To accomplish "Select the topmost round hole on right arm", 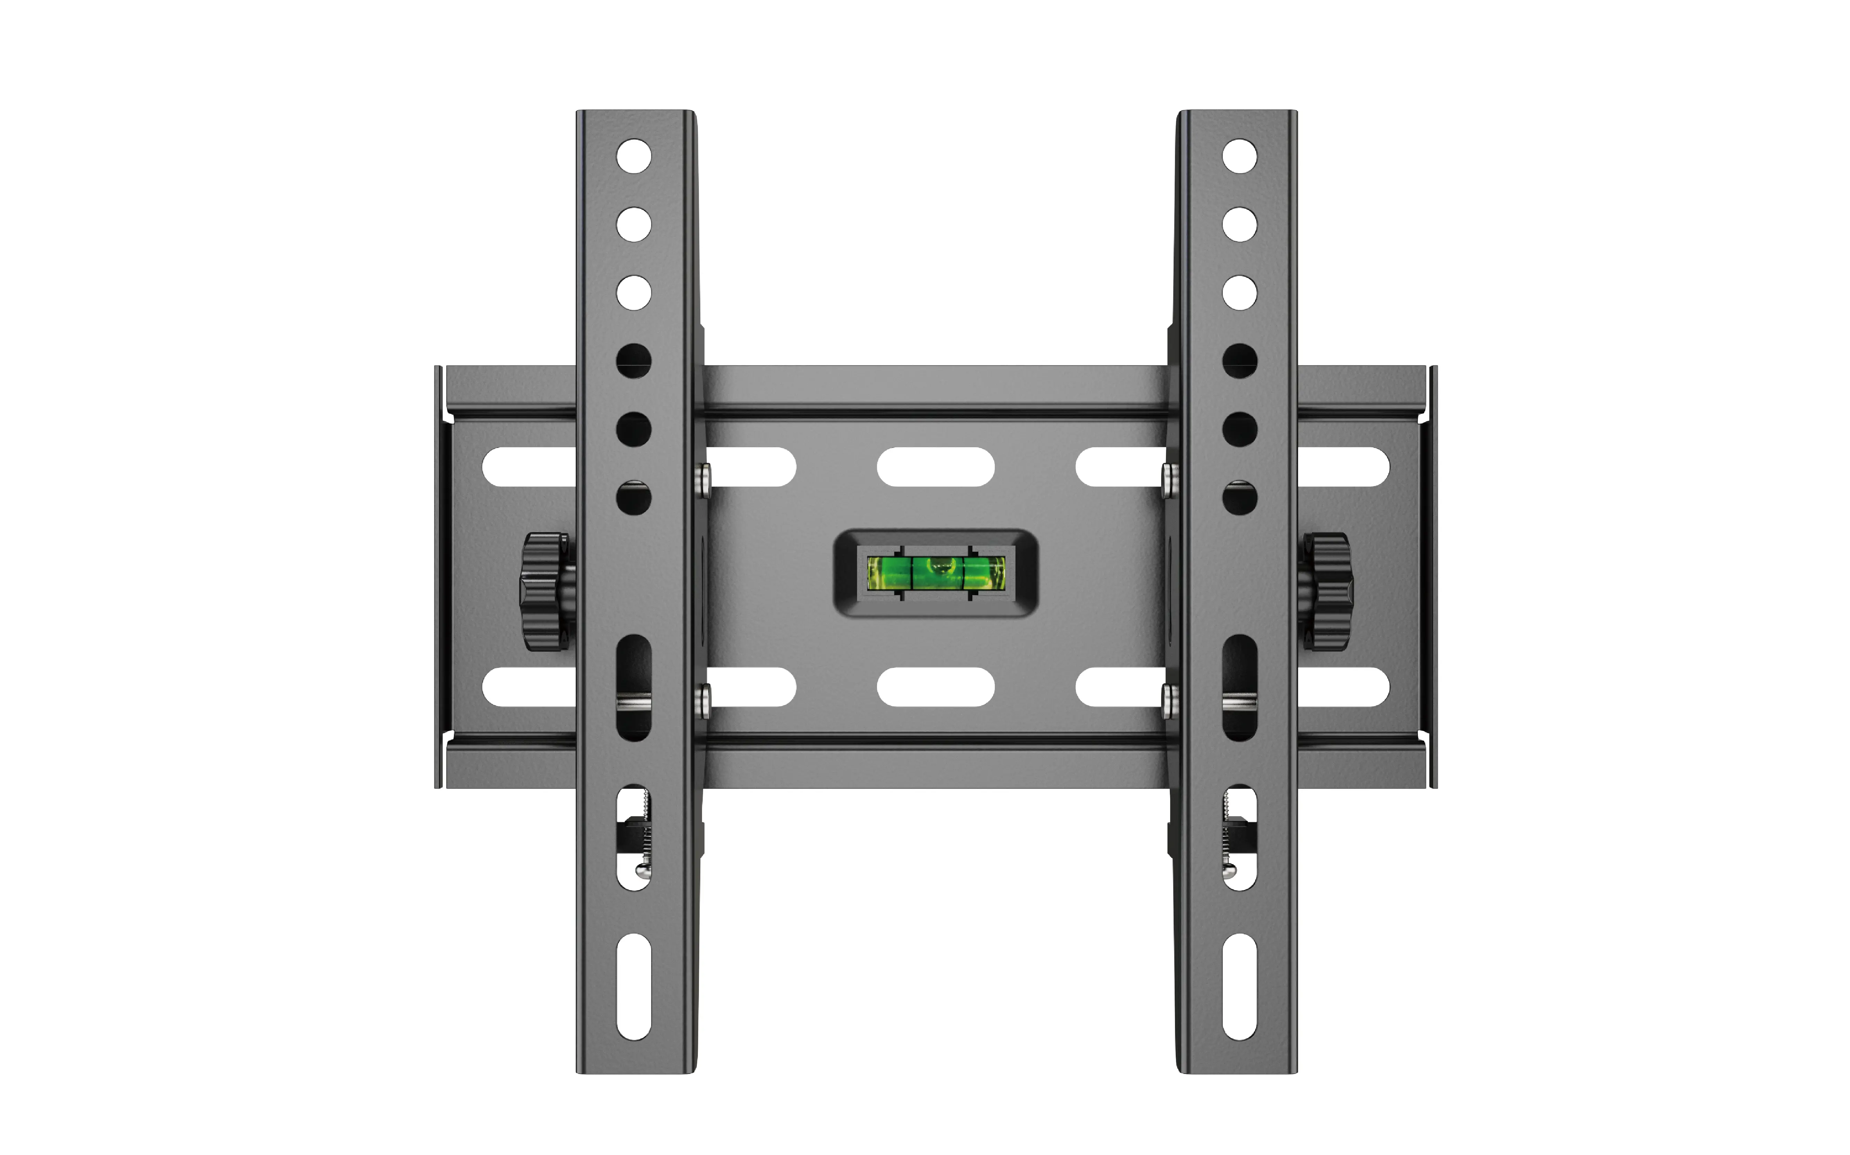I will pyautogui.click(x=1239, y=156).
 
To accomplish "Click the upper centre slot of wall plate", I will pyautogui.click(x=936, y=467).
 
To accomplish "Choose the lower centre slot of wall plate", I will pyautogui.click(x=936, y=687).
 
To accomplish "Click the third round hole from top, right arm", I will pyautogui.click(x=1239, y=293).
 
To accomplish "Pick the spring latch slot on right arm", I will pyautogui.click(x=1239, y=838).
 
